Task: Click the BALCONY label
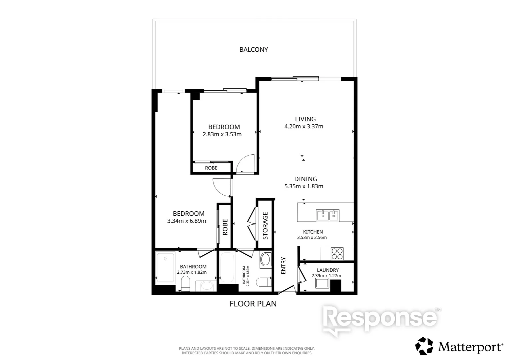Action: (254, 49)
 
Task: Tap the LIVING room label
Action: (305, 119)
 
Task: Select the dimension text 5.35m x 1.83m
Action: (303, 186)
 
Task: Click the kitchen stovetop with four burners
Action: (337, 254)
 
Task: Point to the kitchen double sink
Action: (328, 215)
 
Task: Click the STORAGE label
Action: (265, 226)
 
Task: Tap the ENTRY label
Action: (283, 266)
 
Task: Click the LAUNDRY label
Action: (328, 270)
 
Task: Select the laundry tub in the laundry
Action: (322, 283)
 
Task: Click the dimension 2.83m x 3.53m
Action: (222, 134)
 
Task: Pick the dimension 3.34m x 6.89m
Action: (187, 221)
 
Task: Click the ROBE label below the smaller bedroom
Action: (211, 168)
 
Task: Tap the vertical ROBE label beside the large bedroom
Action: (225, 227)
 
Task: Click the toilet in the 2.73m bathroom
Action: (186, 283)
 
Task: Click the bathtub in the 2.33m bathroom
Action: (227, 267)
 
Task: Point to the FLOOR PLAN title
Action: (253, 304)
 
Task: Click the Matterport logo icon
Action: (424, 346)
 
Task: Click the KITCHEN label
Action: (313, 232)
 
